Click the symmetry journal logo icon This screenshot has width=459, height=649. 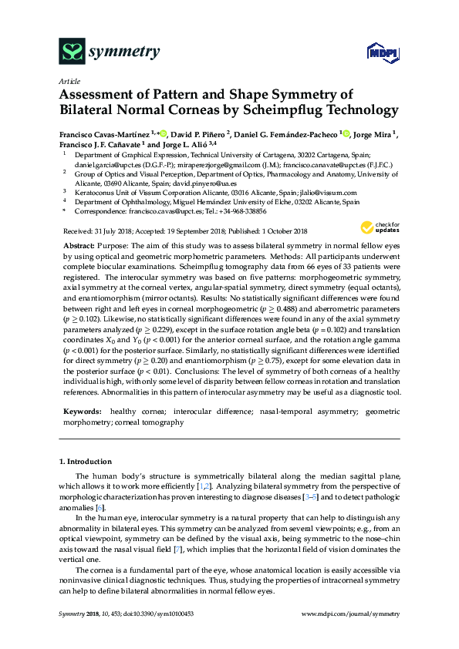[x=72, y=52]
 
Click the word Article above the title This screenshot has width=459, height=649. [x=69, y=80]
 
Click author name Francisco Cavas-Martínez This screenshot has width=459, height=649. [x=104, y=134]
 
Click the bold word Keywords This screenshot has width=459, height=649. [x=81, y=412]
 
